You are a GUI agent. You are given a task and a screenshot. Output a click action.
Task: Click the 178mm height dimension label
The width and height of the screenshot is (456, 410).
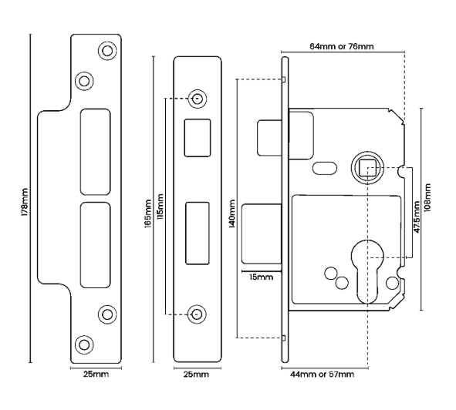click(25, 202)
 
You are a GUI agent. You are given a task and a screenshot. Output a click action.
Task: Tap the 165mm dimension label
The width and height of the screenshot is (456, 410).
click(147, 213)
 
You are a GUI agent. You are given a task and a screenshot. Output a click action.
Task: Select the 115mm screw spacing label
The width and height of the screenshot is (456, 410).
click(160, 207)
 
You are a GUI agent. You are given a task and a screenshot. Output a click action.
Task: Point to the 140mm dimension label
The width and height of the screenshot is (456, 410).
click(232, 213)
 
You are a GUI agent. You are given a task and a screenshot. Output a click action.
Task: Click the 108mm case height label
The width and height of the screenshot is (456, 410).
click(427, 198)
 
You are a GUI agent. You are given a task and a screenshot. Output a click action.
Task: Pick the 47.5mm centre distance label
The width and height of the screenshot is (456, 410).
click(417, 217)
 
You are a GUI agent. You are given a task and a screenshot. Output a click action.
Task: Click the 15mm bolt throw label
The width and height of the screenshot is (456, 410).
click(261, 277)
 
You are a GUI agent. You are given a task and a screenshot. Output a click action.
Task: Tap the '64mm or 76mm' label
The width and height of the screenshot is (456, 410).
click(341, 46)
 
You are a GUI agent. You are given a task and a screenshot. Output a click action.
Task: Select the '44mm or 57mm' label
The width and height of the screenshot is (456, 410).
click(323, 375)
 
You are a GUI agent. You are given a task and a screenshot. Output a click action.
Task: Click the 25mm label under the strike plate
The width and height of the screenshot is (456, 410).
click(96, 374)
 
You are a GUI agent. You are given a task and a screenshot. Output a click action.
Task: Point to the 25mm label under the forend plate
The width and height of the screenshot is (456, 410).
click(196, 375)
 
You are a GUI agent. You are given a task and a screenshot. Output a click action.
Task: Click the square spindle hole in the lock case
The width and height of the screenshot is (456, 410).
click(366, 169)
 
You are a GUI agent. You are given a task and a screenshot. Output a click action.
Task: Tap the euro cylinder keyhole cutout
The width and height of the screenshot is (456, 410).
click(367, 271)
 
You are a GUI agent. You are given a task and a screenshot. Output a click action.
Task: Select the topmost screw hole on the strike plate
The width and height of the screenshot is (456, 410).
click(107, 51)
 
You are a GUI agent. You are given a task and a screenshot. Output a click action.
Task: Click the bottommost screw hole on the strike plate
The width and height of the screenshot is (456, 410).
click(84, 344)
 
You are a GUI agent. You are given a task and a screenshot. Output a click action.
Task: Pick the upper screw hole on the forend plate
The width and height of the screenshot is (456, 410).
click(198, 99)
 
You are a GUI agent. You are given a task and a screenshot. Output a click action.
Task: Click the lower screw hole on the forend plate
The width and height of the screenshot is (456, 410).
click(198, 314)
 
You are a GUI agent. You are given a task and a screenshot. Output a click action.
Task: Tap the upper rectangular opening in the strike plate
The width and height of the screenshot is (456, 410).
click(96, 152)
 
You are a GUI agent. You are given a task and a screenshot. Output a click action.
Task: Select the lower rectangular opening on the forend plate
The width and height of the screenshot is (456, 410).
click(198, 234)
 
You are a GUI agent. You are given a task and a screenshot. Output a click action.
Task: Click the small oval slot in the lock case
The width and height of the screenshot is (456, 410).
click(325, 168)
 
